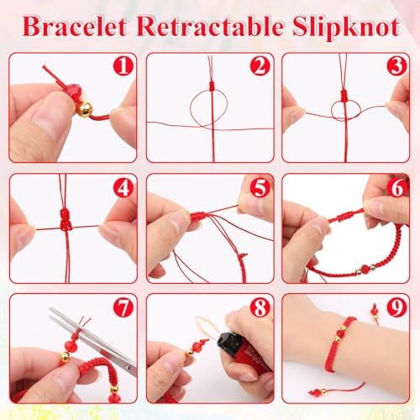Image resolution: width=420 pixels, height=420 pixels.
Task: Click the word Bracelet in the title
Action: pyautogui.click(x=75, y=27)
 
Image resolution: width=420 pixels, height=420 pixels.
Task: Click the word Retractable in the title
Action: pyautogui.click(x=210, y=27)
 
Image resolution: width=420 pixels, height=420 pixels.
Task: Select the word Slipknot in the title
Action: pyautogui.click(x=346, y=28)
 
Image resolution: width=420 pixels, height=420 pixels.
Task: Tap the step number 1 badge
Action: pyautogui.click(x=123, y=66)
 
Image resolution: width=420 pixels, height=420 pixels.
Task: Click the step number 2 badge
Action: pyautogui.click(x=260, y=66)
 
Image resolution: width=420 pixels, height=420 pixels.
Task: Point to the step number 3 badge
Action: pyautogui.click(x=396, y=66)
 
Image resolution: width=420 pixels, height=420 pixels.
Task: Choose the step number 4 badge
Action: pyautogui.click(x=123, y=188)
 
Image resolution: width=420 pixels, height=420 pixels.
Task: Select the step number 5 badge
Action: pyautogui.click(x=260, y=188)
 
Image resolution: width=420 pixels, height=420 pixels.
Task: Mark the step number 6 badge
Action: pyautogui.click(x=396, y=188)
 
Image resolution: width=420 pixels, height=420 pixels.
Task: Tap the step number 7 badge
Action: pyautogui.click(x=123, y=307)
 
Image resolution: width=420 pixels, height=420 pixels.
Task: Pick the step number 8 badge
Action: pyautogui.click(x=260, y=307)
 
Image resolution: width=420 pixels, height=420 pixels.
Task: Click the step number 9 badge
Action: pyautogui.click(x=396, y=307)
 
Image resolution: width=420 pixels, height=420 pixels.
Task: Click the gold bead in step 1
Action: pyautogui.click(x=84, y=109)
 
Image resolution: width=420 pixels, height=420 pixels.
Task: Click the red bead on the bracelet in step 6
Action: pyautogui.click(x=365, y=270)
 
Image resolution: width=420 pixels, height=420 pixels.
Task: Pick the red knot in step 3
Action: pyautogui.click(x=344, y=95)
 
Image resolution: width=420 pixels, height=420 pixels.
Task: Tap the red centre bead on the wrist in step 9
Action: pyautogui.click(x=339, y=333)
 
